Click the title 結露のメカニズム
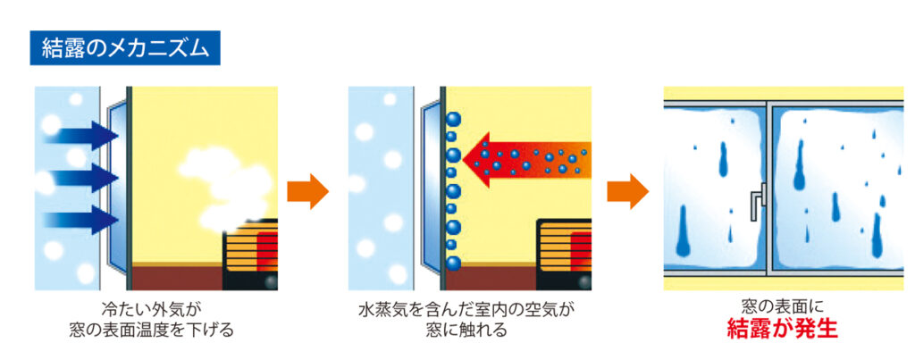point(124,47)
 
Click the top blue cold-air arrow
point(82,136)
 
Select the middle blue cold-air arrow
point(82,177)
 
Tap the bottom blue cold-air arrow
point(82,219)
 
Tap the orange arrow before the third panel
point(626,191)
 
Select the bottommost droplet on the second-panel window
point(453,263)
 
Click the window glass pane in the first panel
point(117,188)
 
